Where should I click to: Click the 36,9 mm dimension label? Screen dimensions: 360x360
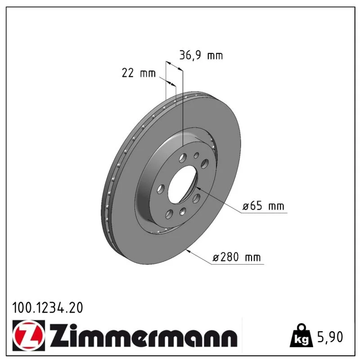pyautogui.click(x=201, y=55)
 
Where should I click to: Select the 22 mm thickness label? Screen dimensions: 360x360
pyautogui.click(x=139, y=73)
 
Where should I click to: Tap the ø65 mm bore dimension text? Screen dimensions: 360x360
pyautogui.click(x=263, y=206)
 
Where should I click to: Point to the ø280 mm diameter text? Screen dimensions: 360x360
pyautogui.click(x=237, y=257)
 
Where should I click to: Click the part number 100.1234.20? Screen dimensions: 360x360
pyautogui.click(x=48, y=308)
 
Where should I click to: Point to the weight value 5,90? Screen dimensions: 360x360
pyautogui.click(x=330, y=337)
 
